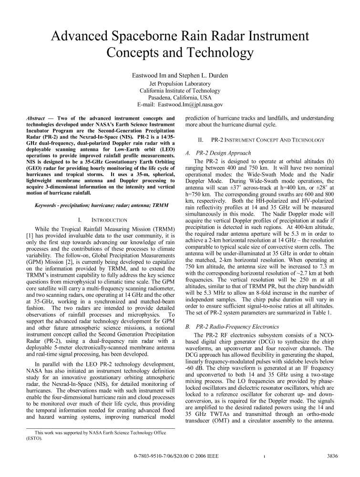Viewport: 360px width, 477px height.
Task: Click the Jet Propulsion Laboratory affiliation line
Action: tap(180, 83)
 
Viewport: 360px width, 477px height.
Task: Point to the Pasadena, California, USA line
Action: tap(180, 97)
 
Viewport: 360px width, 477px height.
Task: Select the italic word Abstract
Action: tap(35, 117)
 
